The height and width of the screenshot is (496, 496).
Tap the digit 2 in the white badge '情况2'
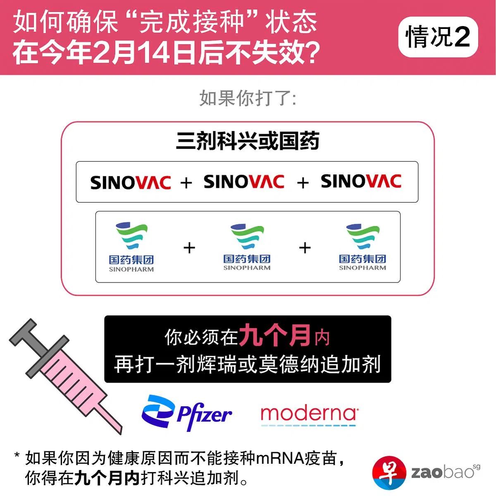coord(462,37)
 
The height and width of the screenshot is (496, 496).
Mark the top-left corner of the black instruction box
coord(105,316)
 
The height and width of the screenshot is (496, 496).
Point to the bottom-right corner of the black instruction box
coord(391,382)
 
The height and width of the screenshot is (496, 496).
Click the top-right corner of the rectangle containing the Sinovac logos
coord(418,162)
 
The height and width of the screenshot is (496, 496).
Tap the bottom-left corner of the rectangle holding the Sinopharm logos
coord(96,283)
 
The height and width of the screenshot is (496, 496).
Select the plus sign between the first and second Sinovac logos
coord(186,183)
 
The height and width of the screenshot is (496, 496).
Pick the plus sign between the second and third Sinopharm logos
coord(305,248)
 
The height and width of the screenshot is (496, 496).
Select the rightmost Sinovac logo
coord(361,181)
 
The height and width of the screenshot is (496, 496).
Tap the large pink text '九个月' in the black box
coord(274,335)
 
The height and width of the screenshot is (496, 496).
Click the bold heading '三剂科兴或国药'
coord(248,141)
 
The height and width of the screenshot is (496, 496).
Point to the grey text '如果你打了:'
coord(248,98)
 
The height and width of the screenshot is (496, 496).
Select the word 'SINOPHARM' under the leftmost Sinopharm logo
coord(131,269)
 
